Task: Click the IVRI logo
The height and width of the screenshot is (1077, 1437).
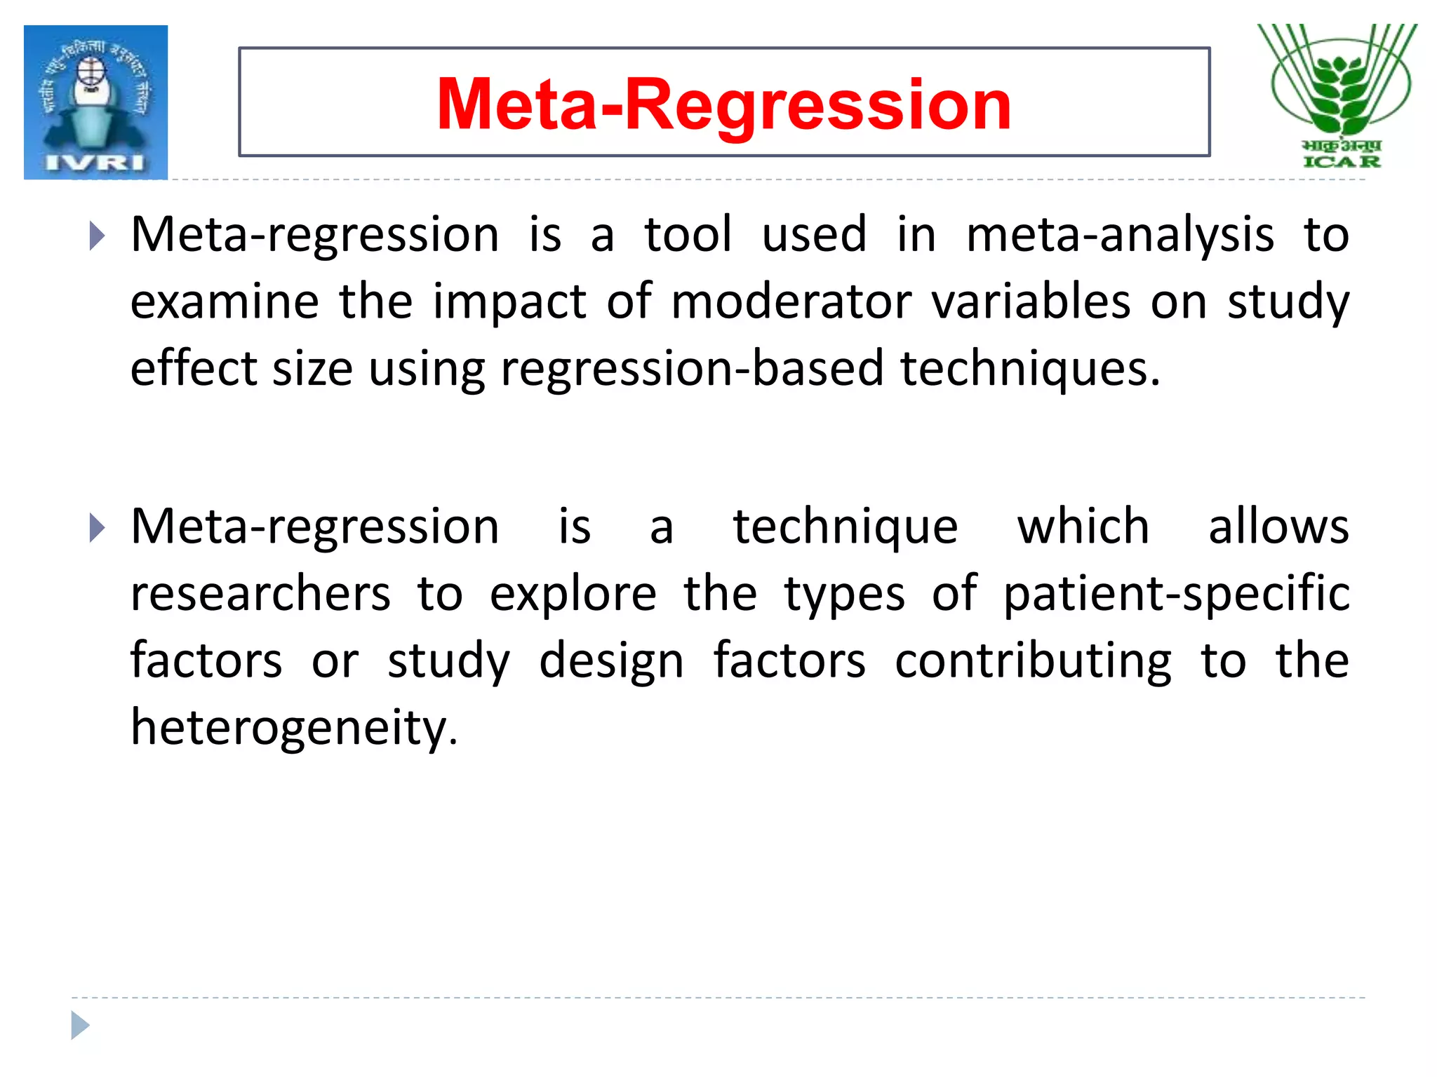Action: point(95,102)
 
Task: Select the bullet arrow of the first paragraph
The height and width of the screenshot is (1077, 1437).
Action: point(97,236)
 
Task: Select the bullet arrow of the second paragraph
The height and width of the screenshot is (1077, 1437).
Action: point(97,528)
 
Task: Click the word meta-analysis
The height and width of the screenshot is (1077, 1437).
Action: point(1120,235)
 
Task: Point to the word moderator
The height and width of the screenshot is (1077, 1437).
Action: point(791,302)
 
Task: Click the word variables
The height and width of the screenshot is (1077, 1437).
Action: point(1031,302)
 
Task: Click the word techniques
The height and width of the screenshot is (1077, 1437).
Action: point(1030,370)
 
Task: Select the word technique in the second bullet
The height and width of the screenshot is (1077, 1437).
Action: point(846,527)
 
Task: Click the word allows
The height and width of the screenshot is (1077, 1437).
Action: point(1278,527)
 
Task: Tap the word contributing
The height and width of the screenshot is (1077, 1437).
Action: point(1033,661)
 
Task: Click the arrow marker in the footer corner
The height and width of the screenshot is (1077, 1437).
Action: point(80,1025)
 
